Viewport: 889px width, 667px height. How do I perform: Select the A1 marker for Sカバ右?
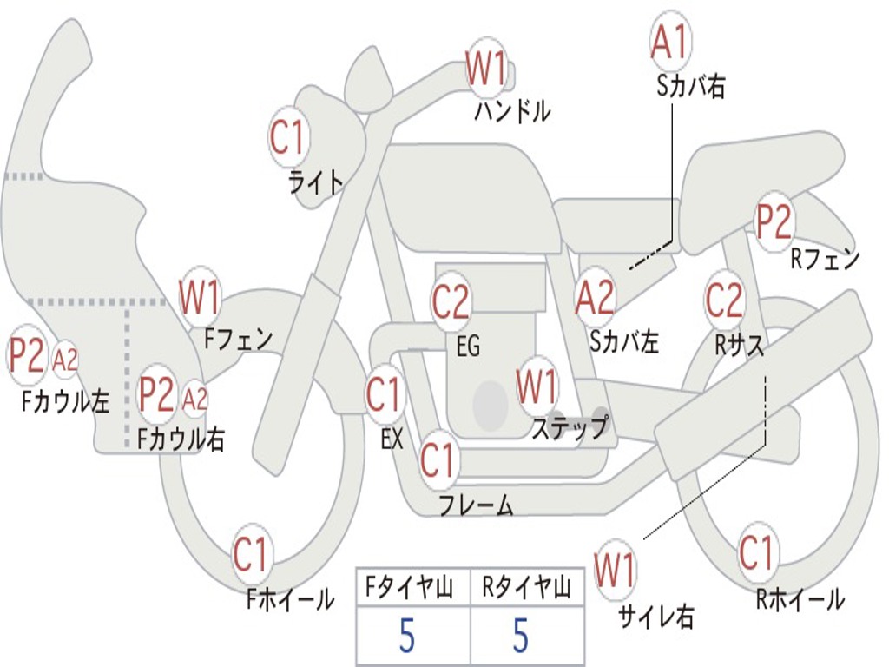coord(670,43)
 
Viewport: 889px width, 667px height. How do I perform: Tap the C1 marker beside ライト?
coord(289,137)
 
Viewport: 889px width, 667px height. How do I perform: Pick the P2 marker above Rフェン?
coord(773,222)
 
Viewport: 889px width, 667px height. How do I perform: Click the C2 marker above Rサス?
coord(724,300)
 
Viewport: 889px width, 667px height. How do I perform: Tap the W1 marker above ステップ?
coord(537,386)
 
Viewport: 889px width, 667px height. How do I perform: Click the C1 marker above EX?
coord(385,395)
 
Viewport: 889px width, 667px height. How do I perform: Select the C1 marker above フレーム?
coord(438,460)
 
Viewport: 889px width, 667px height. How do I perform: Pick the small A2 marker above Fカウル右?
coord(196,399)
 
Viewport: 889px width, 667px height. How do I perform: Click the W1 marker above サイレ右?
coord(615,571)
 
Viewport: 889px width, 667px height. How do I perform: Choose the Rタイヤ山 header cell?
coord(526,590)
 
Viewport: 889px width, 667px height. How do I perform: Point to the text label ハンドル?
coord(512,111)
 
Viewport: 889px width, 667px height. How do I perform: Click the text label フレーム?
coord(476,504)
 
